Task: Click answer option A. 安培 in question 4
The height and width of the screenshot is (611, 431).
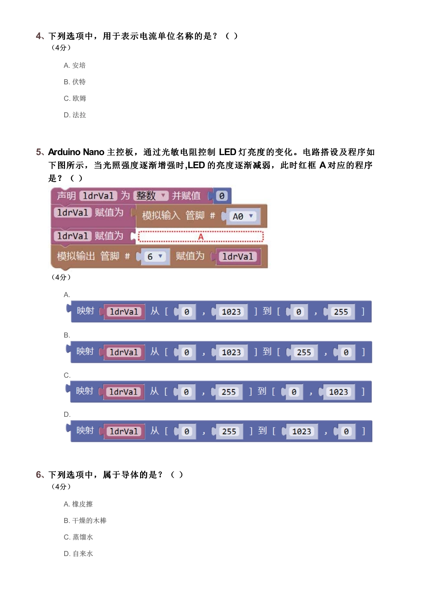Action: coord(75,65)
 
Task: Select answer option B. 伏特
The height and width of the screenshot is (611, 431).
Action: coord(75,82)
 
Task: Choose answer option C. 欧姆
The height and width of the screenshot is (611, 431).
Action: coord(75,98)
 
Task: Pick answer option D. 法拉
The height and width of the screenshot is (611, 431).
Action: coord(75,115)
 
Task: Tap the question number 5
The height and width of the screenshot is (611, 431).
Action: coord(39,152)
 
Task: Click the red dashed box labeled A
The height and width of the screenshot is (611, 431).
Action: coord(201,236)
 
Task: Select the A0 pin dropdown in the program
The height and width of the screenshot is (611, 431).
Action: coord(242,216)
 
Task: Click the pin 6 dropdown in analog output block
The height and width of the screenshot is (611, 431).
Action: coord(154,257)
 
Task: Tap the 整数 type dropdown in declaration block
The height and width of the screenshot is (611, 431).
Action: coord(151,196)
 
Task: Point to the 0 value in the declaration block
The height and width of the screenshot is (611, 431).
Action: coord(222,196)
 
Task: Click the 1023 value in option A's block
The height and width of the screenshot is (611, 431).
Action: coord(231,312)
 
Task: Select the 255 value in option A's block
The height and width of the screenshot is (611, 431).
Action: coord(341,312)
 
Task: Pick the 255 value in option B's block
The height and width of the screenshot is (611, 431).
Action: coord(304,352)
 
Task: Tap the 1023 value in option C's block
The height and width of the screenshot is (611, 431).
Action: coord(338,392)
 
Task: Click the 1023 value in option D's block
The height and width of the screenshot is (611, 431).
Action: coord(302,431)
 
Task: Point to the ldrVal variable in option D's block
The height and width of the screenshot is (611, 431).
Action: coord(124,431)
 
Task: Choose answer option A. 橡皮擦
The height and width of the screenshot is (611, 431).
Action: coord(78,504)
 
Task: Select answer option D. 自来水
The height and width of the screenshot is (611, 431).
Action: coord(78,554)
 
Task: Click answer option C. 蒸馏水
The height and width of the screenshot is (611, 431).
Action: coord(78,537)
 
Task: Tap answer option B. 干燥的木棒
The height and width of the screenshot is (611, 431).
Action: coord(85,521)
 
